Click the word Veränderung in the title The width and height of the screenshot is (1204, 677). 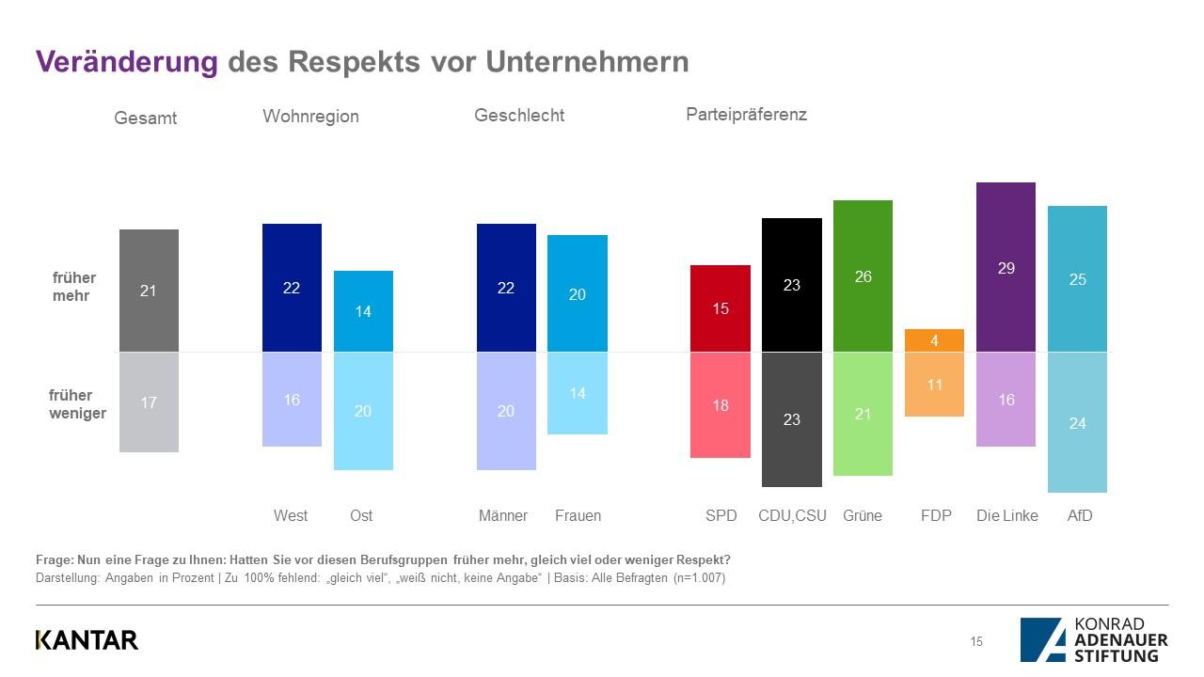coord(126,61)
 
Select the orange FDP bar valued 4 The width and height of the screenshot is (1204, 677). coord(934,340)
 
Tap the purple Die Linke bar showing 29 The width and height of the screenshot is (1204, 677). coord(1006,267)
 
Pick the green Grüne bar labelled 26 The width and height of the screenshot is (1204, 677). coord(863,276)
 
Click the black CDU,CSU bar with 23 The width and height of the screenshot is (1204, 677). coord(791,284)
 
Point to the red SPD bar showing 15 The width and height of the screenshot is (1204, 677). coord(721,308)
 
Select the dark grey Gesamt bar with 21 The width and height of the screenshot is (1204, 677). coord(149,291)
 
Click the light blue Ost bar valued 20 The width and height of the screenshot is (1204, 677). coord(363,411)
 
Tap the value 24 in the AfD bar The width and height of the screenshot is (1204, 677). coord(1077,423)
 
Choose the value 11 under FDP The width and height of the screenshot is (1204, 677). coord(934,384)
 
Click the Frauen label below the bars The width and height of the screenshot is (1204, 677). coord(578,515)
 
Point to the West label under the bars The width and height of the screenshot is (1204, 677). coord(291,515)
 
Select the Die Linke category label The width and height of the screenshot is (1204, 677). coord(1006,515)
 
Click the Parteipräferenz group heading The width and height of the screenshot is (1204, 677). coord(746,115)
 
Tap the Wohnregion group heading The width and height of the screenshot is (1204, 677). coord(310,117)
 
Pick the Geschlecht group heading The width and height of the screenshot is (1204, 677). coord(519,116)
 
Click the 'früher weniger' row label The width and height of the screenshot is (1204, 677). coord(77,404)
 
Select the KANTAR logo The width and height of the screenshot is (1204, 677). coord(87,639)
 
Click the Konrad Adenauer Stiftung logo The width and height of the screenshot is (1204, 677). coord(1094,639)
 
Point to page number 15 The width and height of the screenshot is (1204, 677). coord(976,641)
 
